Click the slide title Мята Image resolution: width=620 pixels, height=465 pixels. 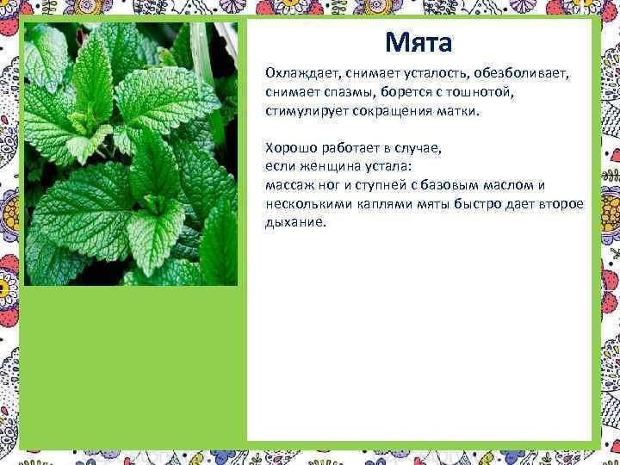pos(418,40)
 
